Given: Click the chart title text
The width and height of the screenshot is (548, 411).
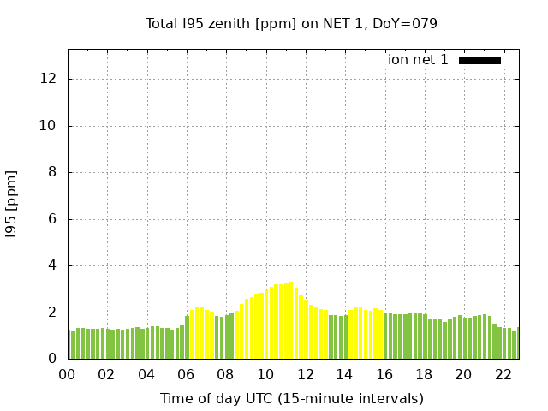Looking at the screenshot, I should coord(291,23).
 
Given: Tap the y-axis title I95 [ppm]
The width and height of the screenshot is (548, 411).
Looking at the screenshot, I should coord(12,204).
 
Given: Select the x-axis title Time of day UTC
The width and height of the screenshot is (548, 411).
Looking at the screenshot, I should coord(291,398).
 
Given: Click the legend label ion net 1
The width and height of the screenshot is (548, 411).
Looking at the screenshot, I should coord(418,60).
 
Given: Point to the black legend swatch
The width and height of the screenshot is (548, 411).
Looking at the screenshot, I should coord(479,60).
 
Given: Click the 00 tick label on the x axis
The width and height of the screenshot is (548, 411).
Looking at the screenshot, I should coord(68,375).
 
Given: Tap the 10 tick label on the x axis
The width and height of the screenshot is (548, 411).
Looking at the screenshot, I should coord(265,375).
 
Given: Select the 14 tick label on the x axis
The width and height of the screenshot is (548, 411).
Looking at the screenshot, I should coord(344,375).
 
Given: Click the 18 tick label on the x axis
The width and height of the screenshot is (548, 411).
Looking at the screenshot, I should coord(424,375).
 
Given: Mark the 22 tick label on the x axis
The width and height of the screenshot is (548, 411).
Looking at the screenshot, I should coord(503,375).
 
